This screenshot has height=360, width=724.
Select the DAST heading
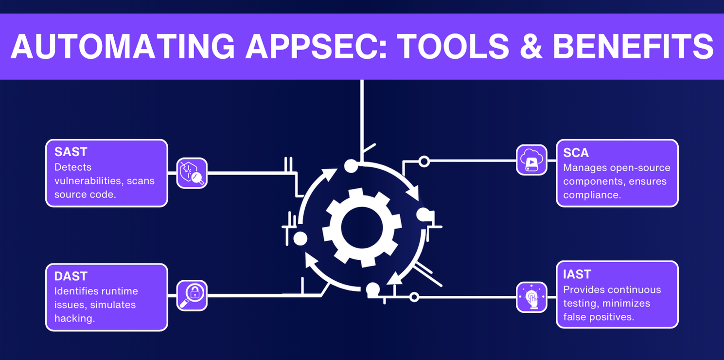point(71,276)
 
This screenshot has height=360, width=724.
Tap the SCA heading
point(576,153)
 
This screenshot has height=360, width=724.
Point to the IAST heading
point(577,274)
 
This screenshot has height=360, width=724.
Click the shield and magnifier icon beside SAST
point(192,173)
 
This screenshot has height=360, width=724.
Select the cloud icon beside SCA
point(531,160)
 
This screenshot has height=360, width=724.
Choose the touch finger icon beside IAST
point(531,297)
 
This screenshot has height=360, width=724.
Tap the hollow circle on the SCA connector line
point(424,161)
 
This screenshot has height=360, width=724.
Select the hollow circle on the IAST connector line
point(414,297)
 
